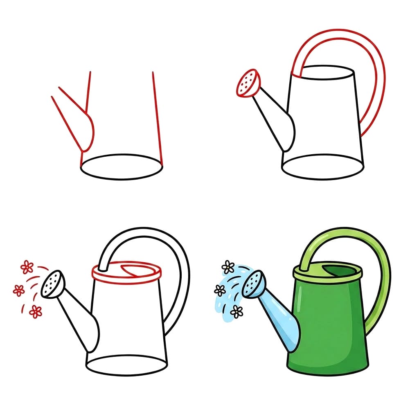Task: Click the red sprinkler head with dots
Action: tap(248, 83)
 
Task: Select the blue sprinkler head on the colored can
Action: tap(253, 284)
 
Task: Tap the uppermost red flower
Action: tap(27, 267)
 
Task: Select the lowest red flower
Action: tap(36, 311)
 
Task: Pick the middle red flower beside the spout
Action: tap(18, 290)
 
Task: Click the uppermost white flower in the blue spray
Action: tap(228, 267)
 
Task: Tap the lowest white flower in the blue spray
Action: tap(237, 312)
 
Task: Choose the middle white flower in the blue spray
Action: tap(220, 291)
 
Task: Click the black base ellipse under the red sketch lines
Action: tap(122, 167)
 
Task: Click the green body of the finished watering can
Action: tap(327, 327)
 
